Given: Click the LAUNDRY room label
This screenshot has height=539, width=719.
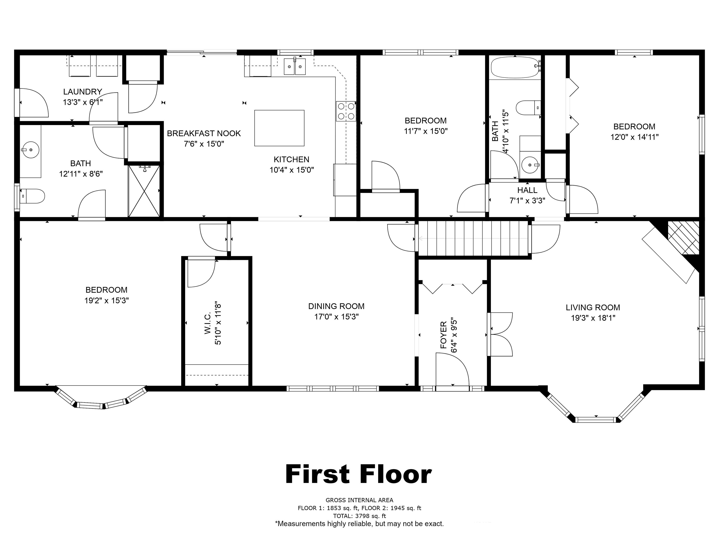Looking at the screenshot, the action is (83, 92).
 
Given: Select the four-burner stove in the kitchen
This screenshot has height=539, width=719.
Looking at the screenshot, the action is (346, 111).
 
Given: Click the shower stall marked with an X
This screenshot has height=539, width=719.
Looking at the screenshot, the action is (144, 191).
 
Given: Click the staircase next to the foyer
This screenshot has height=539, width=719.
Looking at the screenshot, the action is (473, 238).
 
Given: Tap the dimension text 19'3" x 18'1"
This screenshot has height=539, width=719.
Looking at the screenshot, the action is (593, 318).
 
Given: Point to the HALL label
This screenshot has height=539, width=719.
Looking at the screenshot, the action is (527, 190).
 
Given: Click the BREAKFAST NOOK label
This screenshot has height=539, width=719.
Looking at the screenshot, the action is (204, 133).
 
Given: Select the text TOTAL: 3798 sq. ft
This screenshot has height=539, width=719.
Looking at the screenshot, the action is (359, 516).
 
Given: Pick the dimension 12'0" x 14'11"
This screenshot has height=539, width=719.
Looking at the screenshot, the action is (635, 137).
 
